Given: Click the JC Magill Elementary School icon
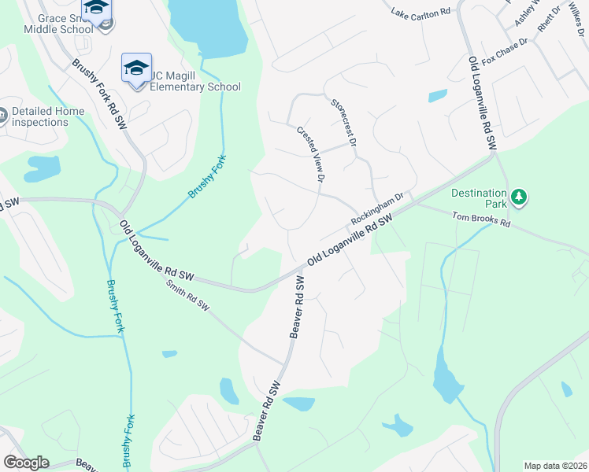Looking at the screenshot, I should [136, 68].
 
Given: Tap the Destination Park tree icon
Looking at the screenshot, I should [518, 196].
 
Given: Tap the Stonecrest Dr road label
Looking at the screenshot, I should [344, 123].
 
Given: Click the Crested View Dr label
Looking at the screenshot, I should [310, 155].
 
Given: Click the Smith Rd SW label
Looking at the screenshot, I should [190, 296].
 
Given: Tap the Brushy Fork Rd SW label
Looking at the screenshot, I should [99, 95].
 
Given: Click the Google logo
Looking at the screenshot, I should [26, 463].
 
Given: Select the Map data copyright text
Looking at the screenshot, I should [554, 466].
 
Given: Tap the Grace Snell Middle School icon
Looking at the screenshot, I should [96, 9].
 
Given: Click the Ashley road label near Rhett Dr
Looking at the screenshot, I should [525, 13].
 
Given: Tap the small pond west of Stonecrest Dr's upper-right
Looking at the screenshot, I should [437, 97].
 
